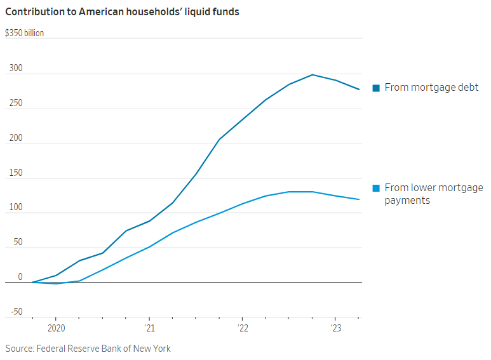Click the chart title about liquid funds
pyautogui.click(x=122, y=12)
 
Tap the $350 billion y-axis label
pyautogui.click(x=25, y=33)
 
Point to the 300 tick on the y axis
pyautogui.click(x=15, y=69)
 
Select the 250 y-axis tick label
pyautogui.click(x=15, y=103)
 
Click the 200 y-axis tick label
pyautogui.click(x=15, y=138)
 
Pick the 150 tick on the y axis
pyautogui.click(x=15, y=173)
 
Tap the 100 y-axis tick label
pyautogui.click(x=15, y=208)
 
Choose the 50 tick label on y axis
pyautogui.click(x=17, y=243)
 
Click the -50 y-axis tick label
pyautogui.click(x=16, y=312)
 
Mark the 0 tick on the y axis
pyautogui.click(x=20, y=277)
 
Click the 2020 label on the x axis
pyautogui.click(x=56, y=328)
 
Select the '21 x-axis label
pyautogui.click(x=149, y=328)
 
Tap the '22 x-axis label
pyautogui.click(x=242, y=328)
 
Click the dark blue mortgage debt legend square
pyautogui.click(x=376, y=88)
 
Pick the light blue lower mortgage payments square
pyautogui.click(x=376, y=188)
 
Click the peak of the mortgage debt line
pyautogui.click(x=313, y=75)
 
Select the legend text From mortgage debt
pyautogui.click(x=431, y=88)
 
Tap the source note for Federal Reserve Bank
pyautogui.click(x=88, y=349)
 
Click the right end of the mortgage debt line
pyautogui.click(x=359, y=90)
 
